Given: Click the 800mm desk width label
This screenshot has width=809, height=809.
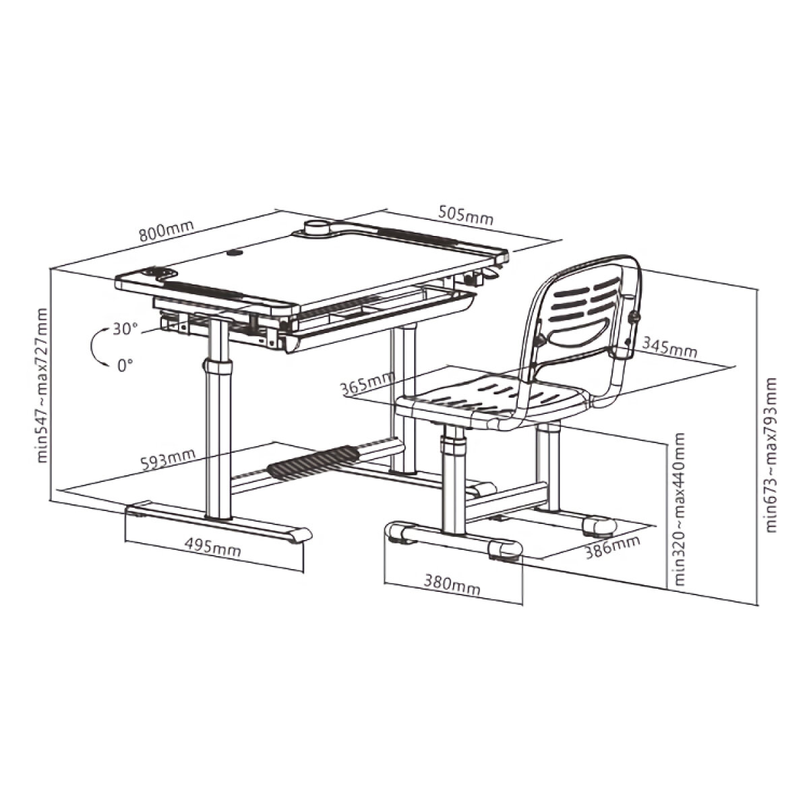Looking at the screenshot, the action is tap(167, 230).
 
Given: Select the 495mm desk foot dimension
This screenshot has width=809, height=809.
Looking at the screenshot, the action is tap(213, 547).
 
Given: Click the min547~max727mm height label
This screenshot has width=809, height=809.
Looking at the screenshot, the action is tap(42, 386).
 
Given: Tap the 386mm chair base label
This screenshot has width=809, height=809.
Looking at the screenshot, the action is tap(613, 547).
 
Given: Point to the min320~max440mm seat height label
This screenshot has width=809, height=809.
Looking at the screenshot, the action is tap(679, 509).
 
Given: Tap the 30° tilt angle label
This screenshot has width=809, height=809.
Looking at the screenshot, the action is tap(125, 329).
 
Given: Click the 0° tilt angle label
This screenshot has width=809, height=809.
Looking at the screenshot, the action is tap(125, 365).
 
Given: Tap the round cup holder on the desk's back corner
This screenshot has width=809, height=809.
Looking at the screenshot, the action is tap(318, 228).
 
